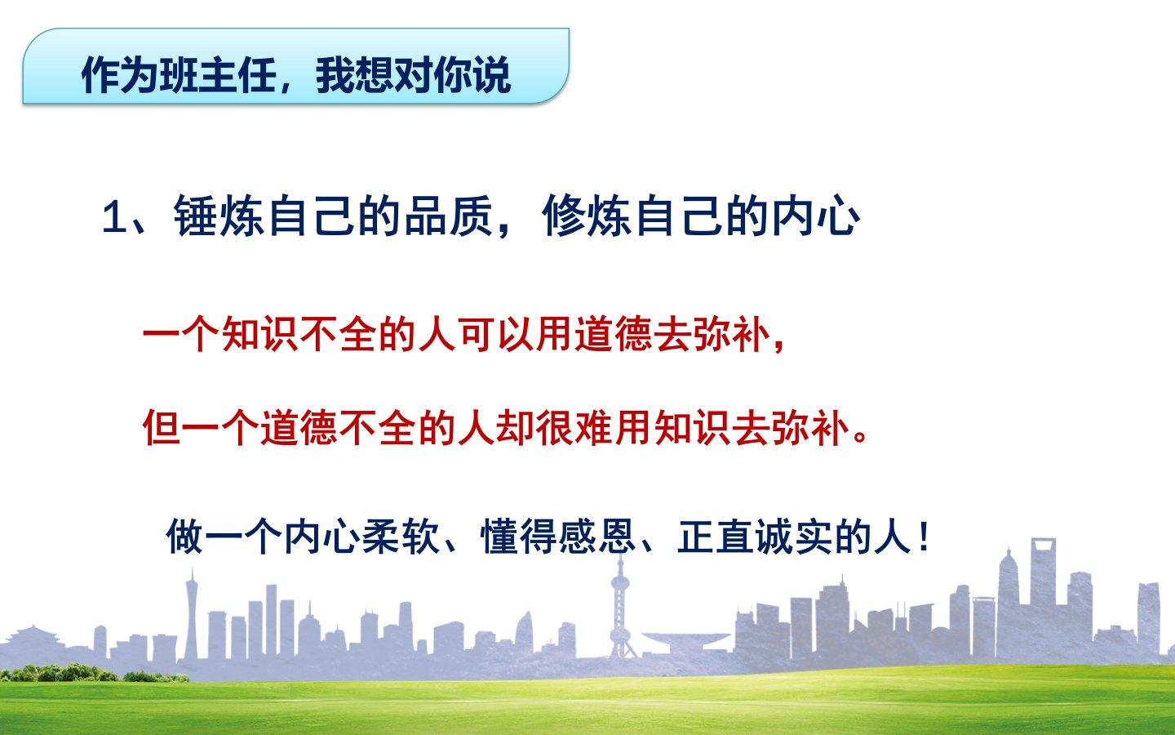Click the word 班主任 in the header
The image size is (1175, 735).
tap(218, 76)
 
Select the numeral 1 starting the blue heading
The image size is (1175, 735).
tap(113, 217)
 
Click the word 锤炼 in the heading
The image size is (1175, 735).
tap(218, 216)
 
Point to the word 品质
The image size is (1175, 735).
tap(450, 216)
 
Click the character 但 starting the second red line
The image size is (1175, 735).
tap(162, 428)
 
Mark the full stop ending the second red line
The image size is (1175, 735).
tap(861, 437)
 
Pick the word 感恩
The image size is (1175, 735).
tap(597, 536)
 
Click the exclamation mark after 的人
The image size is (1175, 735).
tap(924, 536)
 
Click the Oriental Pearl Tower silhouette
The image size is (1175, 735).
tap(619, 609)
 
